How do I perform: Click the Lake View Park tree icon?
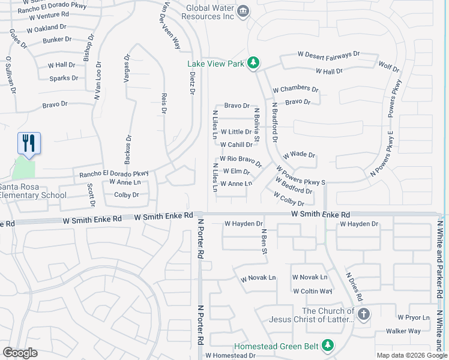[254, 63]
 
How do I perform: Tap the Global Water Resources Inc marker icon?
[243, 11]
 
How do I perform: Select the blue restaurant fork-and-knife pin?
[29, 143]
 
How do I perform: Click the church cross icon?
[363, 314]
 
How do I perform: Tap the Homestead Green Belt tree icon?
[327, 346]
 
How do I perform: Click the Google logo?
[20, 353]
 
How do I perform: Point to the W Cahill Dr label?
[236, 145]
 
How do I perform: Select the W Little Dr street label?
[236, 132]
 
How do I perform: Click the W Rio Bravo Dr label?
[241, 160]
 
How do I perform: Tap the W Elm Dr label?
[236, 172]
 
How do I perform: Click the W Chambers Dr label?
[295, 89]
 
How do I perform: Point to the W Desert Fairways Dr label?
[328, 54]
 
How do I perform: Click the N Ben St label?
[263, 241]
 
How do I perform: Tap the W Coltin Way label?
[312, 292]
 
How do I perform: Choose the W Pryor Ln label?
[414, 317]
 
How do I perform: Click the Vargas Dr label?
[127, 69]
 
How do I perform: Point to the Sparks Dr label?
[64, 79]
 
